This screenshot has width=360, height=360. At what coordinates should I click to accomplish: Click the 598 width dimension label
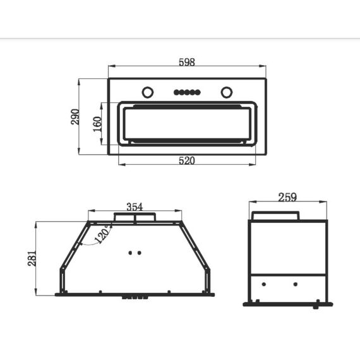coord(187,62)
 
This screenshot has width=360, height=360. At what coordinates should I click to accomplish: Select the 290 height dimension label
coord(75,117)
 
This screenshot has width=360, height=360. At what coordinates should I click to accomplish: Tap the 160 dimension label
coord(97,124)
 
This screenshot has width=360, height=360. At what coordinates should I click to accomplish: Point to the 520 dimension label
coord(187,160)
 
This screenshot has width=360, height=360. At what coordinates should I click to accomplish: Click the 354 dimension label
coord(135,207)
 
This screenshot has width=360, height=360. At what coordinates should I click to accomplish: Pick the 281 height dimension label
coord(32,258)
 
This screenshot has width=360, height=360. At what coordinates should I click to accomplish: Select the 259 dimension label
coord(287,197)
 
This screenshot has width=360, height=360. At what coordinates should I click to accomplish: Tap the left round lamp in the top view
coord(148,92)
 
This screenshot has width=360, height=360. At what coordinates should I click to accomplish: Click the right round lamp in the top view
coord(227,92)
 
